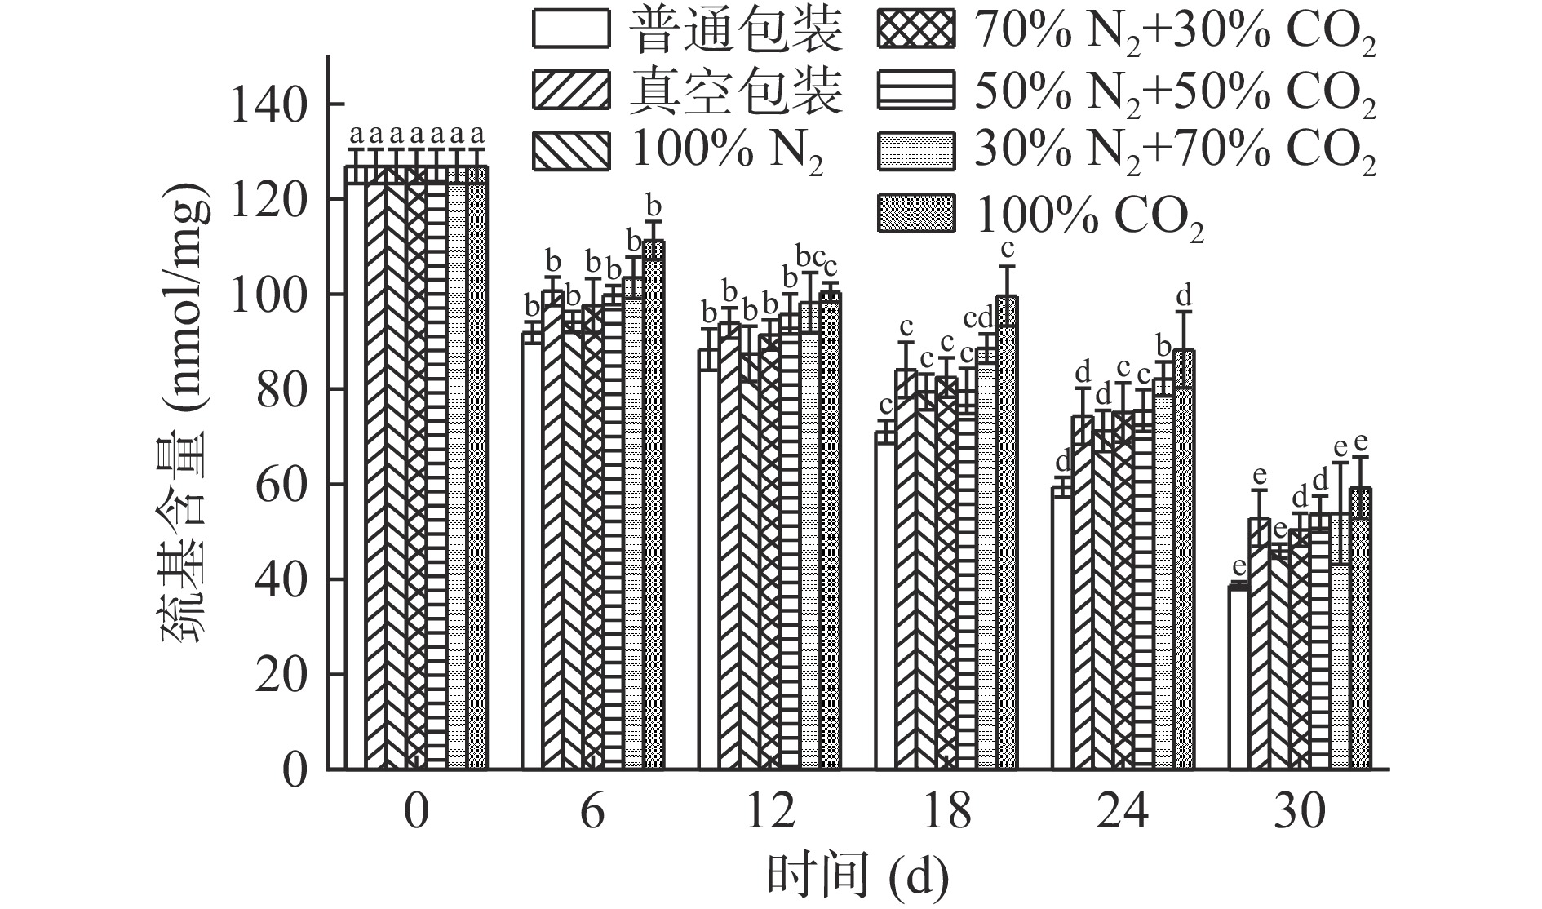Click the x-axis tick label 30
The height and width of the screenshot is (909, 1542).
tap(1301, 812)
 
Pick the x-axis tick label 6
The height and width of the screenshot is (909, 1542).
tap(592, 812)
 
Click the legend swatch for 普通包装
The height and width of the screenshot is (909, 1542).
tap(571, 29)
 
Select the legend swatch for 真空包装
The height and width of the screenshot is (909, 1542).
tap(571, 90)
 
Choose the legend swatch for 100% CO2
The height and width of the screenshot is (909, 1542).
tap(916, 214)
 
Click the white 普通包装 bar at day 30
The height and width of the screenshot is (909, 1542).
tap(1238, 677)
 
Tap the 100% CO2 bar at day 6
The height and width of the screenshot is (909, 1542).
tap(654, 506)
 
